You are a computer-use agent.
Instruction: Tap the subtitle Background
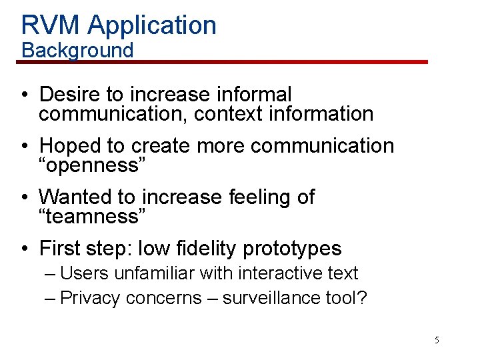pos(77,50)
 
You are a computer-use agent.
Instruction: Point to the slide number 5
pos(437,340)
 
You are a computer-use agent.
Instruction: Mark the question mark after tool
pos(362,297)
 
